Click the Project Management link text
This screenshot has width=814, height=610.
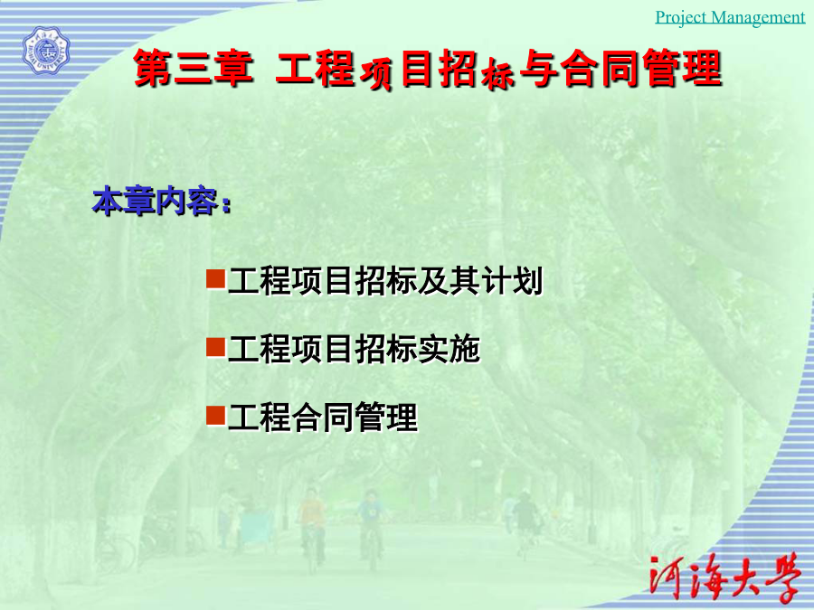coord(730,17)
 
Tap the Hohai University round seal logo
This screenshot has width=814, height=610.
coord(46,51)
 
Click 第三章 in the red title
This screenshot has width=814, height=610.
coord(194,68)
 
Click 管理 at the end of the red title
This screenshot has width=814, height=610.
coord(683,68)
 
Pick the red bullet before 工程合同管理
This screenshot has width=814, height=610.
coord(215,415)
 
